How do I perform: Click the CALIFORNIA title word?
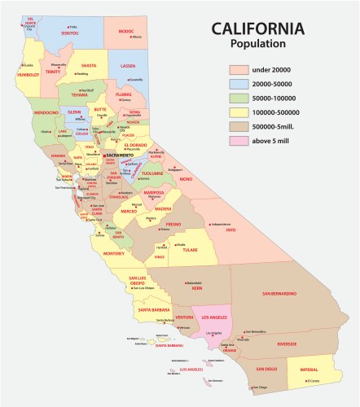coord(257,29)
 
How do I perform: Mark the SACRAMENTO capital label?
coord(123,155)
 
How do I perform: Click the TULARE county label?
coord(189,251)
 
